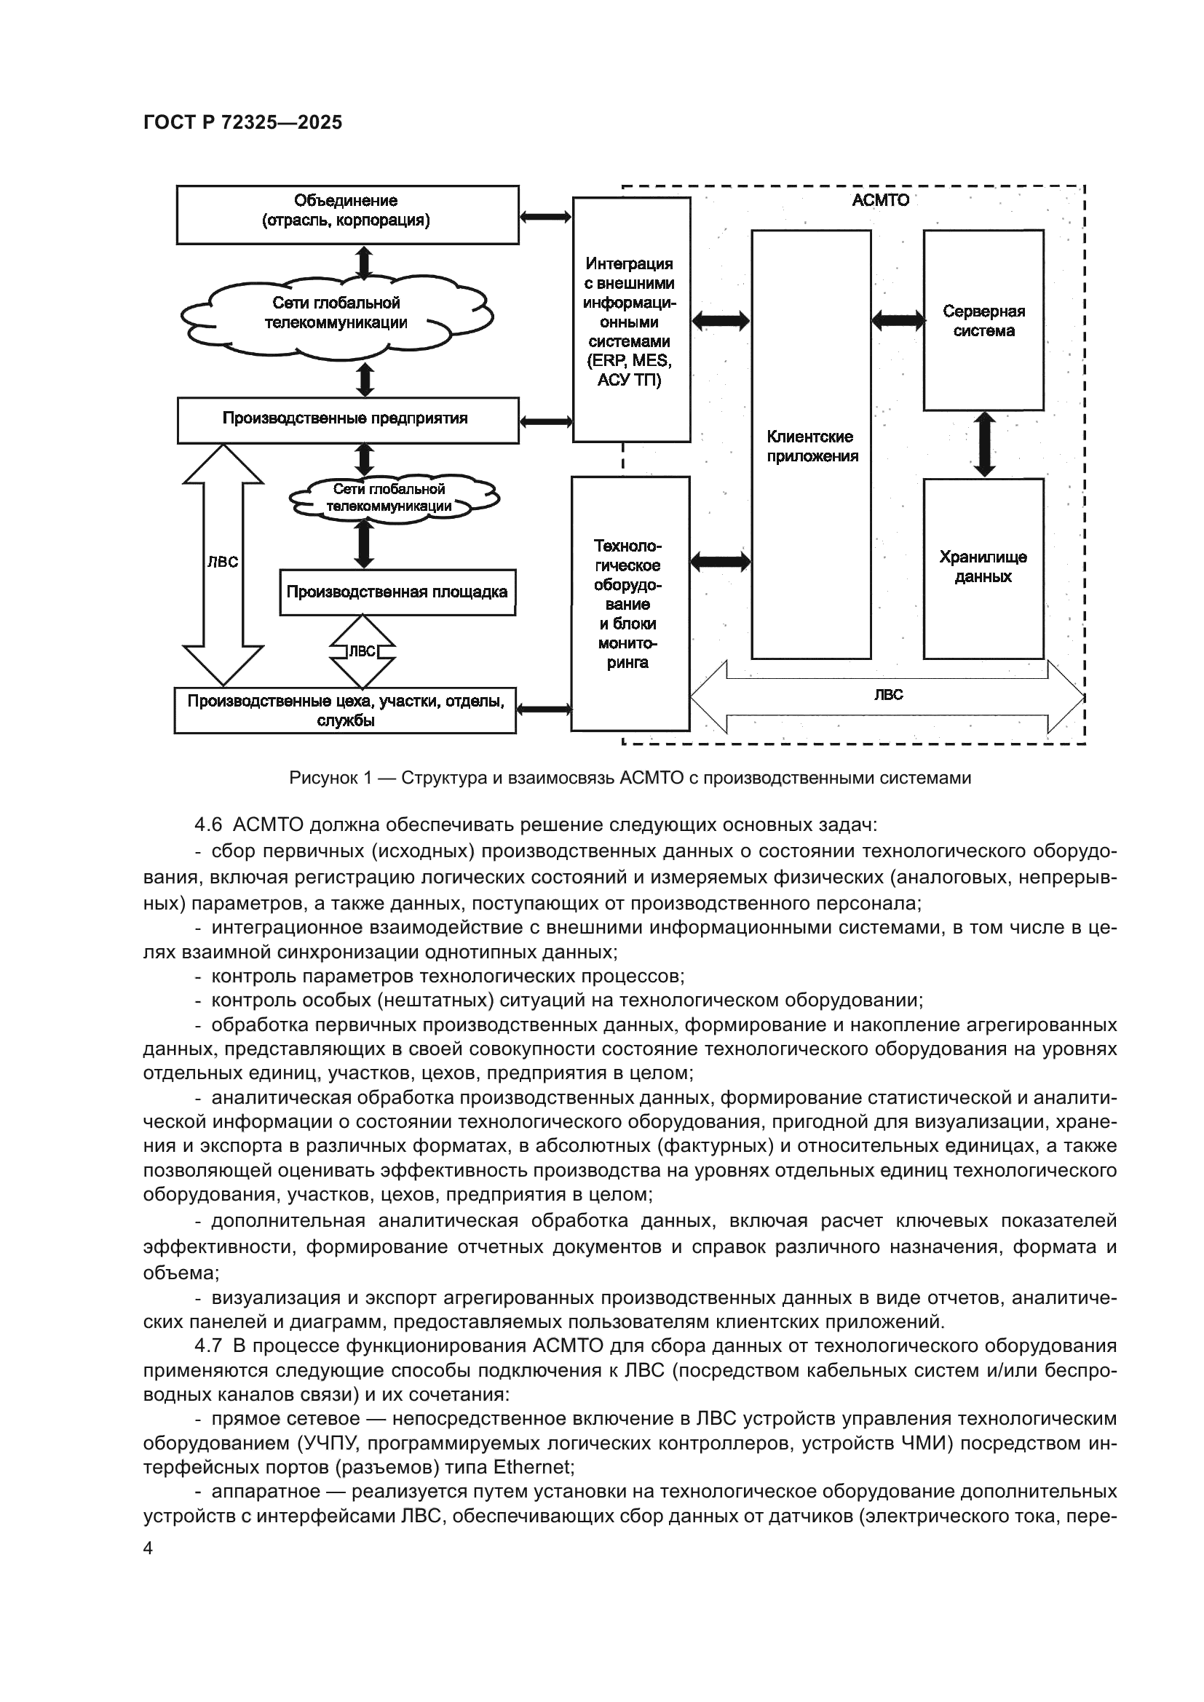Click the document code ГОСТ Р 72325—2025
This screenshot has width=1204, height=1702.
[x=242, y=122]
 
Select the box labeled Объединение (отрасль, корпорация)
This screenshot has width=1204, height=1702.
[x=347, y=214]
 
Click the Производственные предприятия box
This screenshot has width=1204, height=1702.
[x=347, y=420]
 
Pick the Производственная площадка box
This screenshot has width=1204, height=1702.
[x=397, y=592]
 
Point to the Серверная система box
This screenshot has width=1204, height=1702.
[x=983, y=321]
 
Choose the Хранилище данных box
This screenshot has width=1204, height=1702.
[x=983, y=567]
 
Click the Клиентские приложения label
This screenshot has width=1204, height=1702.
[x=811, y=446]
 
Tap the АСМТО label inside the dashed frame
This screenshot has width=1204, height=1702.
[x=880, y=200]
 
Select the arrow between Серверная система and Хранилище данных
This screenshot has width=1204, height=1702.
[x=984, y=444]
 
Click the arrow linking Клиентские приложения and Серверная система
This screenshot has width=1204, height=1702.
[x=897, y=320]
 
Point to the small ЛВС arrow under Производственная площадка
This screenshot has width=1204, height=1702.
[x=362, y=651]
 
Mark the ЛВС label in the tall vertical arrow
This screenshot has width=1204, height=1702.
[x=223, y=562]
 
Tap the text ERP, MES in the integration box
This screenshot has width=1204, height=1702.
[x=629, y=361]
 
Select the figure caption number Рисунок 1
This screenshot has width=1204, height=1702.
[x=329, y=778]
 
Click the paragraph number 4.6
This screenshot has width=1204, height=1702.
[x=208, y=825]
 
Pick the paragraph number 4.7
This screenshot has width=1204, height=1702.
[x=208, y=1345]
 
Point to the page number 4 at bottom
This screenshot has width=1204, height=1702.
[x=148, y=1548]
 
